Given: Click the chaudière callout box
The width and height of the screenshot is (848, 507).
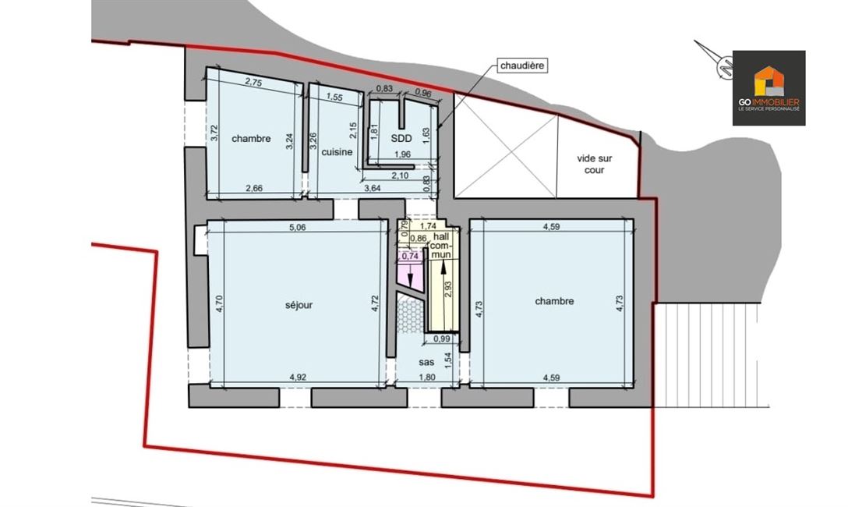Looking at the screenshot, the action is pyautogui.click(x=521, y=66).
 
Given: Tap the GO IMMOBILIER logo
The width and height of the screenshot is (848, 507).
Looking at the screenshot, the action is pyautogui.click(x=768, y=88).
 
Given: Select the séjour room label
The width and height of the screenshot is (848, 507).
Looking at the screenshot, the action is pyautogui.click(x=299, y=305).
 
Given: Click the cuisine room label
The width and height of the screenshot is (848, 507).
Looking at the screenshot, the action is pyautogui.click(x=337, y=152).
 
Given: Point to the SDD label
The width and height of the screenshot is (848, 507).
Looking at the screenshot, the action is pyautogui.click(x=401, y=138).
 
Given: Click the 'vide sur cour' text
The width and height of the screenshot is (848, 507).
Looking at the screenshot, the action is pyautogui.click(x=595, y=165).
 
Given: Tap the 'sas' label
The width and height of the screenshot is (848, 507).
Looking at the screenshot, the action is pyautogui.click(x=426, y=362).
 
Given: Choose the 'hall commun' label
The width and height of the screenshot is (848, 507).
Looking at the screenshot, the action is pyautogui.click(x=440, y=245).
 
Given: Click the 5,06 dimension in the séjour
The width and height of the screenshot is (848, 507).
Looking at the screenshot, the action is pyautogui.click(x=298, y=227).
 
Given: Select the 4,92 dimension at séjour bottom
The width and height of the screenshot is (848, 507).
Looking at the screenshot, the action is pyautogui.click(x=298, y=378).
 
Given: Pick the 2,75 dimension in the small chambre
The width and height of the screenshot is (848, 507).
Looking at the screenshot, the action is pyautogui.click(x=253, y=82).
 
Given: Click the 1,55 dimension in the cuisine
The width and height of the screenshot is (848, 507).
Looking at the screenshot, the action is pyautogui.click(x=335, y=97).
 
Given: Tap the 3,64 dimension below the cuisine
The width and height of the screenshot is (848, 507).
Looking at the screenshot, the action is pyautogui.click(x=372, y=188).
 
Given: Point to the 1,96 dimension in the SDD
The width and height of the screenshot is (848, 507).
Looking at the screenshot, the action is pyautogui.click(x=402, y=154).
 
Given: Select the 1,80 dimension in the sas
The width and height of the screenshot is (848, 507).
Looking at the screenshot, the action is pyautogui.click(x=427, y=378).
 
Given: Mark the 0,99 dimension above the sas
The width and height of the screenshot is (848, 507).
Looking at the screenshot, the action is pyautogui.click(x=442, y=339).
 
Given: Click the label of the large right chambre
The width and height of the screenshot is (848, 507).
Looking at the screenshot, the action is pyautogui.click(x=554, y=301).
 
